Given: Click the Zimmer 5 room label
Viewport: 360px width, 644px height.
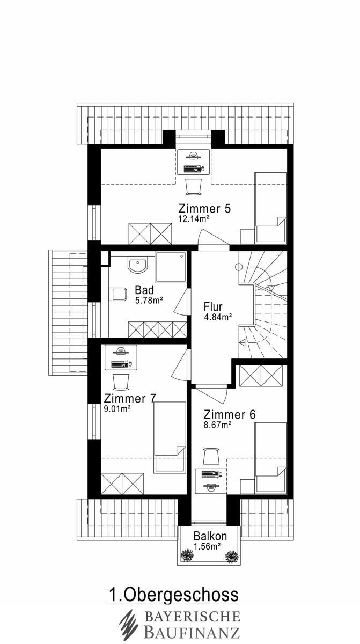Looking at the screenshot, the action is coord(204,208).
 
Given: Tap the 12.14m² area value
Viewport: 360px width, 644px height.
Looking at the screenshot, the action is coord(193,219).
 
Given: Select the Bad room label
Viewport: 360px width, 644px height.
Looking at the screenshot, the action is coord(144,290).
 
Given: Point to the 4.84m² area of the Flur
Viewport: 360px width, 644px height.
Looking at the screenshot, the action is coord(218,317).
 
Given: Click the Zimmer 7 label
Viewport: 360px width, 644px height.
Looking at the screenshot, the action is coord(130,398).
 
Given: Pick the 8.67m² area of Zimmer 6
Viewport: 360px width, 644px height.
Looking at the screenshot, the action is coord(218,425).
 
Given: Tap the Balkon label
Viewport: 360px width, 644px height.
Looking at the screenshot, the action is coord(210,536).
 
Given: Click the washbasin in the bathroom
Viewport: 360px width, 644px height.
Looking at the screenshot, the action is coord(138,265).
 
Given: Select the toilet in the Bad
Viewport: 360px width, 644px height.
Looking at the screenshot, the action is coord(118,294).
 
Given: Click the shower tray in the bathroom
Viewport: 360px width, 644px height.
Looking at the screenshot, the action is coord(171,267).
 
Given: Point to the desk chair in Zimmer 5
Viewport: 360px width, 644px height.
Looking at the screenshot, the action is coord(194,187).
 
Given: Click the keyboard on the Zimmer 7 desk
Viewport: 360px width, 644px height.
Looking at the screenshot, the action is coord(121,364).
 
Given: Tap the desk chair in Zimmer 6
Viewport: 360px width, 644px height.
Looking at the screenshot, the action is coord(211,456).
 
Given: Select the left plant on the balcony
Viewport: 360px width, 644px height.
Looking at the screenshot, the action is coord(187,556).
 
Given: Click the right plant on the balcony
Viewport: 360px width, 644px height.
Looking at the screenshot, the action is coord(232,557).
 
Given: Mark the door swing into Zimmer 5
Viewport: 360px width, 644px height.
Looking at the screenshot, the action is coord(213,237).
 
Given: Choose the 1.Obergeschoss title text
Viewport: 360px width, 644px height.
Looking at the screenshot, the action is coord(173,595).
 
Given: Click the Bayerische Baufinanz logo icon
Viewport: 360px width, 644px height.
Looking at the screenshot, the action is coord(129,625).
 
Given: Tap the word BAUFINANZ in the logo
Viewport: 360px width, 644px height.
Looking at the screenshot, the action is coord(192,632).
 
